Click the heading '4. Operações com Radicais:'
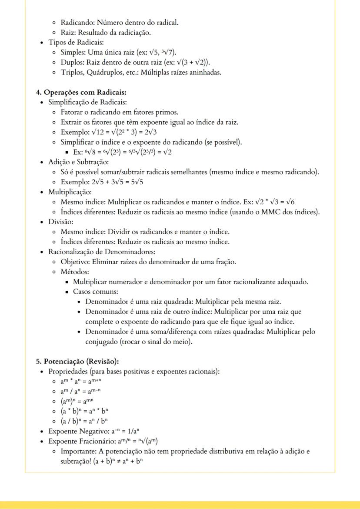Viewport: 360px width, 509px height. pos(81,93)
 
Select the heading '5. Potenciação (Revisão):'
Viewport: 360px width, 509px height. pos(77,362)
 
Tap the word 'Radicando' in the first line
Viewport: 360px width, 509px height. pos(76,22)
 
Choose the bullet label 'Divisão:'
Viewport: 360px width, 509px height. pos(61,222)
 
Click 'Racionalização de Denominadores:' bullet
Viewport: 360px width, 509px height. pos(102,252)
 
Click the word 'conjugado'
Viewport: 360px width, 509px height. pos(103,342)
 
